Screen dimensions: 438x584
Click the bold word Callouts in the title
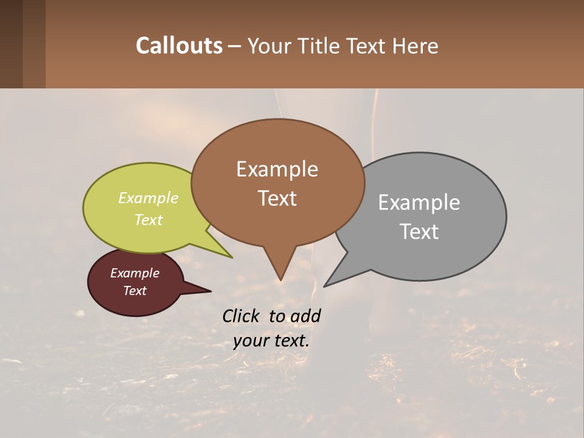(179, 46)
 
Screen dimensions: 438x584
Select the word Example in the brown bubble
(277, 169)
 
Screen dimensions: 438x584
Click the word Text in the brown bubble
(277, 198)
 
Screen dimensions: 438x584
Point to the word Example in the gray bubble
(419, 203)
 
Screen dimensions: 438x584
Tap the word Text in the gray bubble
(419, 232)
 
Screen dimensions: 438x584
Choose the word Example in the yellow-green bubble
(148, 198)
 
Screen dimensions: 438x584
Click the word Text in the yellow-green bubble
(148, 220)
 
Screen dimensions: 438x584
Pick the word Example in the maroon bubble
(134, 273)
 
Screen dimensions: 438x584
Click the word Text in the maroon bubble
(134, 291)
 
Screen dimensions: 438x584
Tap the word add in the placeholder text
(305, 316)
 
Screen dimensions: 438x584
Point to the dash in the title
(235, 46)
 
